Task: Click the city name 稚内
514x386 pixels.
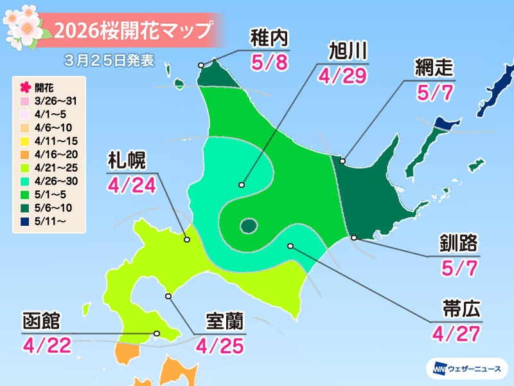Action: (266, 40)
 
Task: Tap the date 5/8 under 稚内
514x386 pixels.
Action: (266, 63)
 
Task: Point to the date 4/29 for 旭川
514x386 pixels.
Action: (342, 76)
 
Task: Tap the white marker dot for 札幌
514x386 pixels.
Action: (187, 240)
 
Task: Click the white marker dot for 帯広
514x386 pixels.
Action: (291, 246)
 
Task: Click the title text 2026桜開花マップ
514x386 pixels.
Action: (132, 30)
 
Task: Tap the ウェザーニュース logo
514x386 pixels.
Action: (466, 369)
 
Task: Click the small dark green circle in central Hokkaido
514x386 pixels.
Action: (249, 225)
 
